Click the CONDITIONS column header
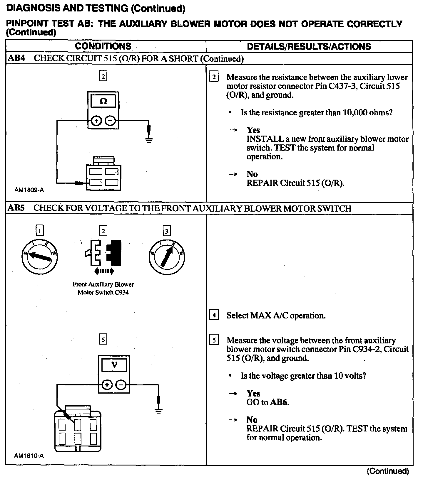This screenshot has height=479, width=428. pos(103,46)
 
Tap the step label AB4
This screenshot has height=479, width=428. pos(16,58)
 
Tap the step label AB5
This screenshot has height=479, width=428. pos(16,208)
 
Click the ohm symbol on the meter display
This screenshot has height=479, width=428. pos(103,102)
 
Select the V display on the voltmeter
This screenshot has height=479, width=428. pos(114,365)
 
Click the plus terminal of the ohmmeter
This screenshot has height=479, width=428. pos(96,121)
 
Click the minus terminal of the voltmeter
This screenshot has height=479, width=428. pos(121,384)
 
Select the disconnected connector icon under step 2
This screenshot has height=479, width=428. pos(103,254)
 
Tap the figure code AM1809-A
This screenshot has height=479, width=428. pos(29,190)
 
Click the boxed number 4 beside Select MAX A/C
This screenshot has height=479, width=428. pos(214,315)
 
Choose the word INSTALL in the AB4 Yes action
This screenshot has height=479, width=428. pos(265,139)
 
